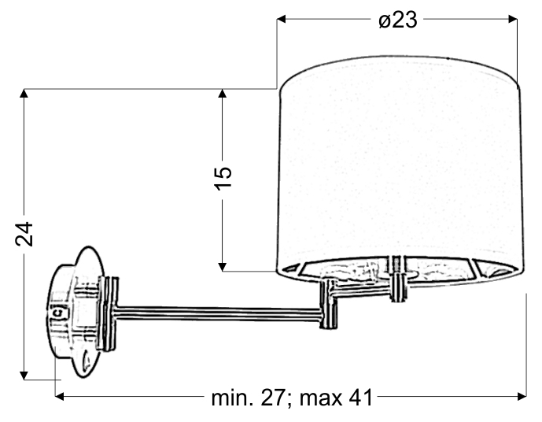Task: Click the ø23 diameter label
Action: coord(398,20)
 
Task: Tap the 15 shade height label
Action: coord(223,178)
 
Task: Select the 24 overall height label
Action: coord(24,234)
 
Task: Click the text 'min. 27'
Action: coord(248,398)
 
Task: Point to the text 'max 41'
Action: coord(337,398)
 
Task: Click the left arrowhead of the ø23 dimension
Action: coord(282,19)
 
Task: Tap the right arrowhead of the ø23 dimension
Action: coord(513,19)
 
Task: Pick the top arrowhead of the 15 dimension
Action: coord(223,94)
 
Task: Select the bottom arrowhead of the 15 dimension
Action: coord(223,267)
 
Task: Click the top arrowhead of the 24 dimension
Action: coord(24,94)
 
